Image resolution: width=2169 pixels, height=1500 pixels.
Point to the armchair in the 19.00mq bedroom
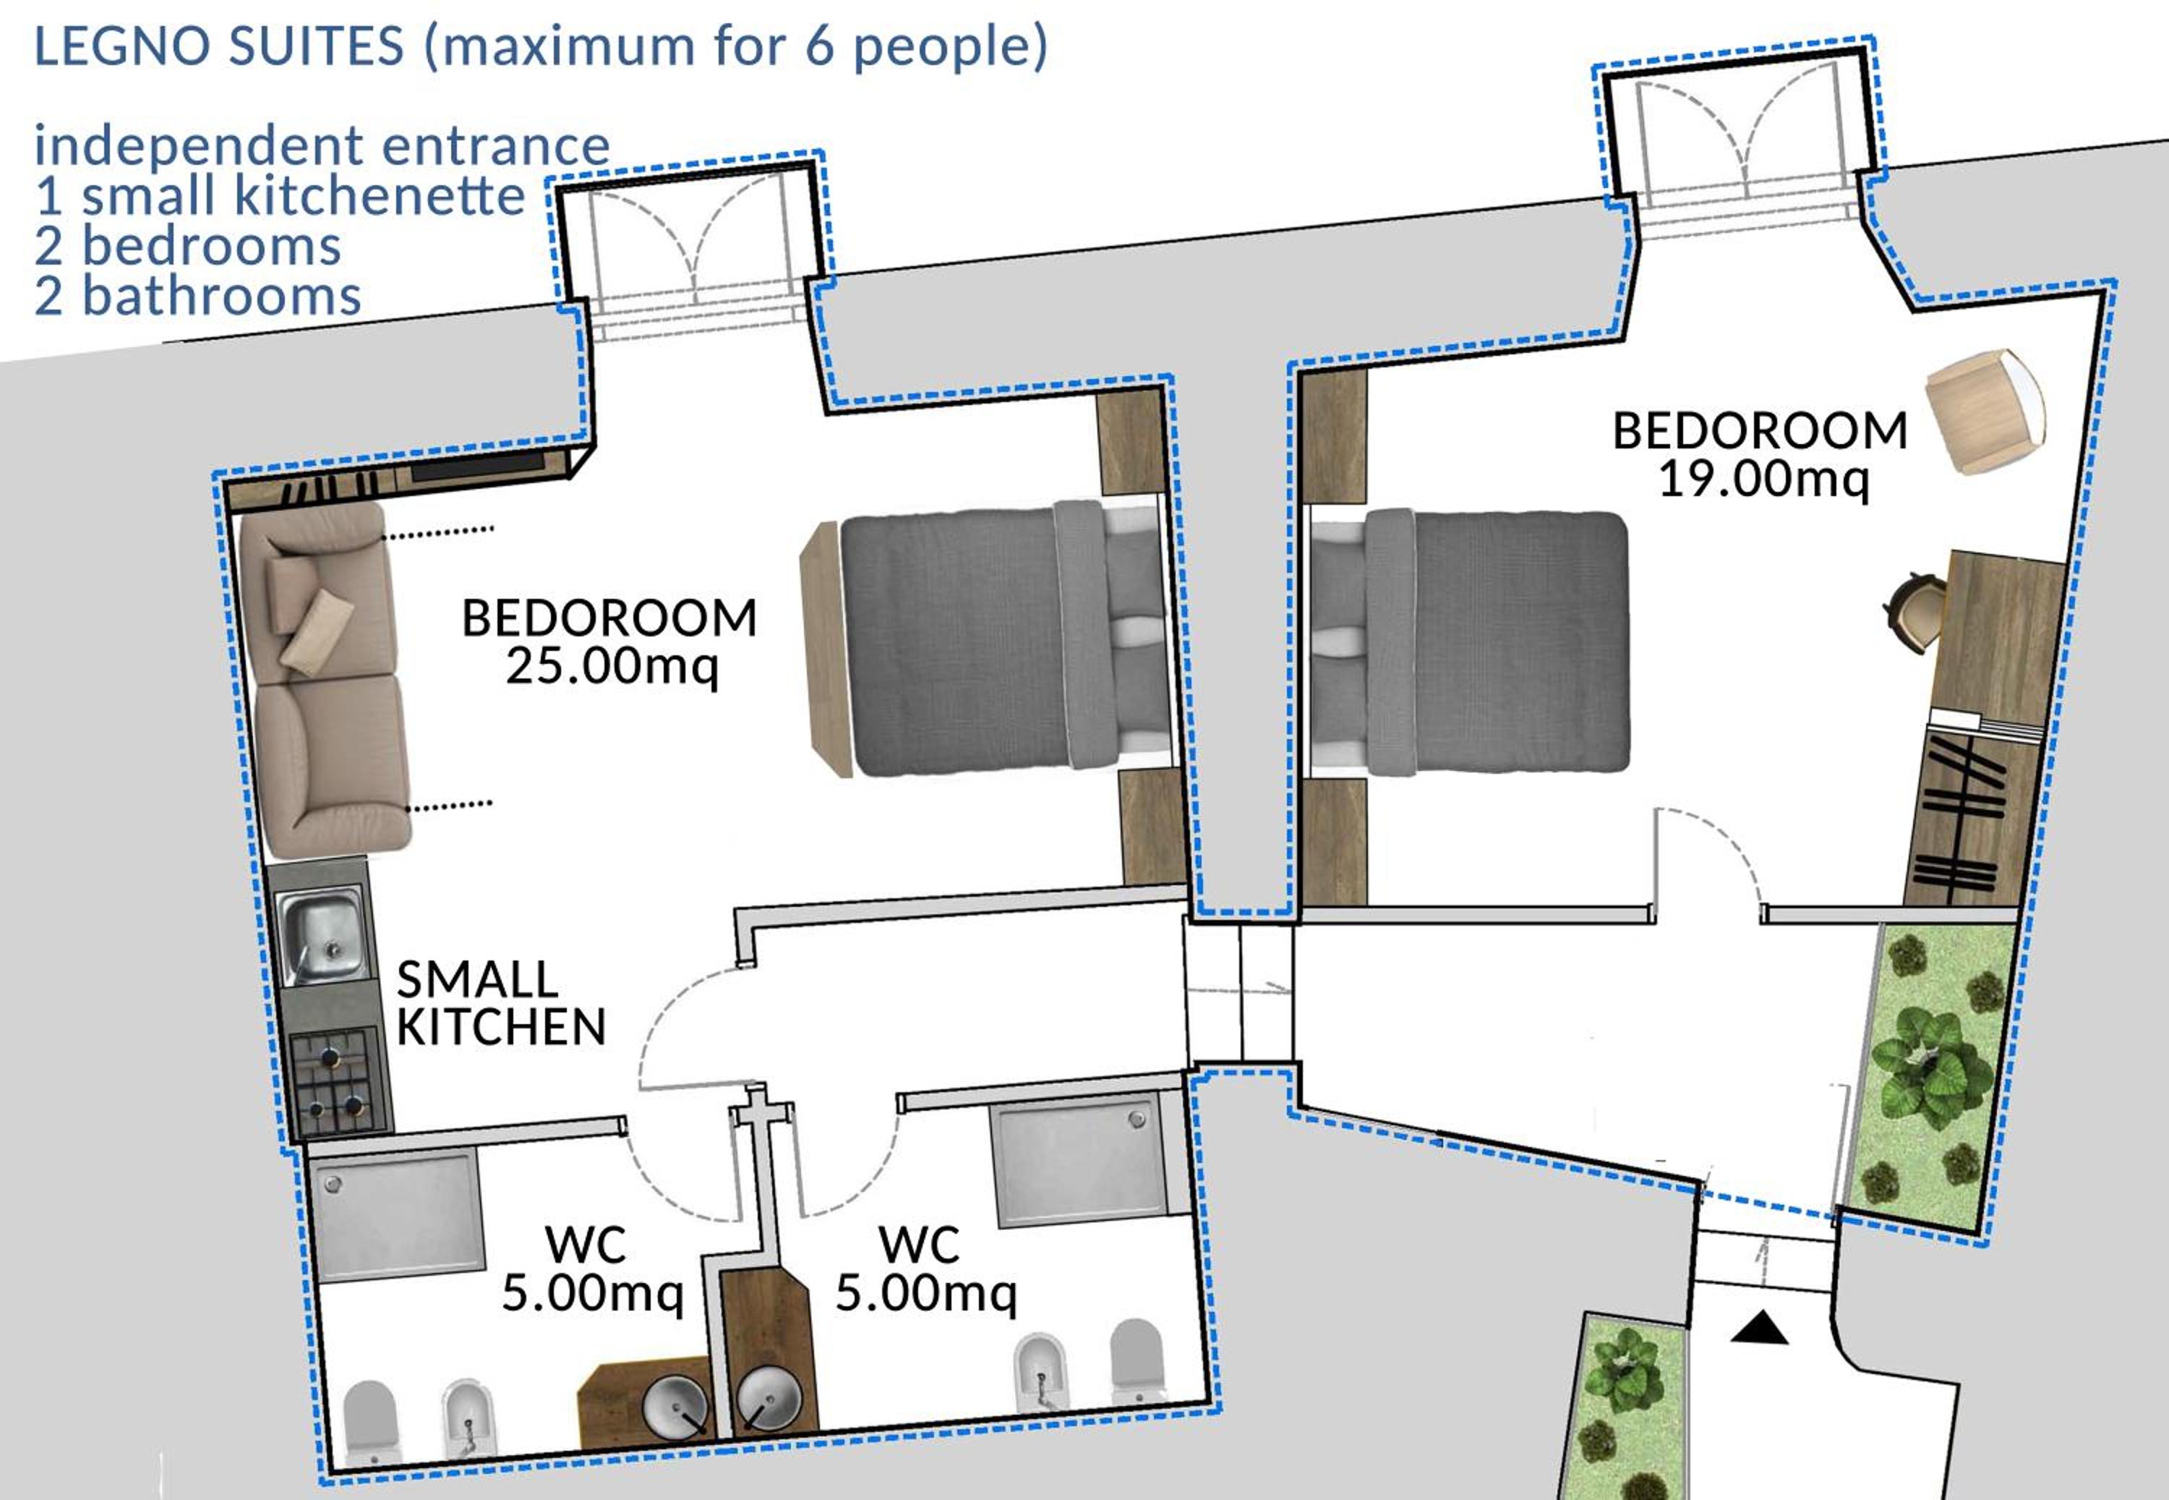pyautogui.click(x=1984, y=411)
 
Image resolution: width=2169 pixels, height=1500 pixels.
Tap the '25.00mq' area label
pyautogui.click(x=612, y=665)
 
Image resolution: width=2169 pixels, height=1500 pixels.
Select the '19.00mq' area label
pyautogui.click(x=1763, y=478)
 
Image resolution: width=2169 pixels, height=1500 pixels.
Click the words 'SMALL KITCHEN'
pyautogui.click(x=501, y=1003)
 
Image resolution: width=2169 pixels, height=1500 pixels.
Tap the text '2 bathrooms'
pyautogui.click(x=197, y=296)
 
